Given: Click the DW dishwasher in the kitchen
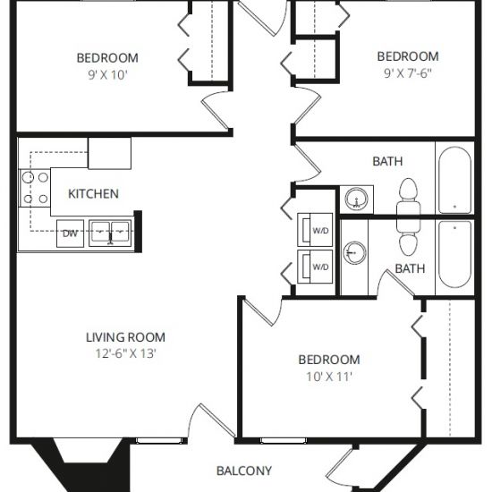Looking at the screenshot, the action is click(x=70, y=233).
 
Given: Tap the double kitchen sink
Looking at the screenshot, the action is click(x=110, y=233).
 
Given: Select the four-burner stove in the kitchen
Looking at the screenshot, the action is click(x=35, y=188).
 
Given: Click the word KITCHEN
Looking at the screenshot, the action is click(x=93, y=194).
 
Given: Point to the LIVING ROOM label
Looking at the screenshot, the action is click(x=125, y=337).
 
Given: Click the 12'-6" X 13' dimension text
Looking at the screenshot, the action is click(x=125, y=353).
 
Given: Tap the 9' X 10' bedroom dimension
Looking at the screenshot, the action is click(x=107, y=75).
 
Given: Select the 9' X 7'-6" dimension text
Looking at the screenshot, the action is click(x=408, y=73).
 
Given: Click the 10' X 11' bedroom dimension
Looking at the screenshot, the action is click(x=329, y=377).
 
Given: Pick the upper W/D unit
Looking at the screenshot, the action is click(x=315, y=230).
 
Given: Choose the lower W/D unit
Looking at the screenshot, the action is click(x=315, y=267).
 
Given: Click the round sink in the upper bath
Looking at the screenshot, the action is click(x=356, y=199).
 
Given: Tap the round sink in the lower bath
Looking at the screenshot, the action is click(x=354, y=252).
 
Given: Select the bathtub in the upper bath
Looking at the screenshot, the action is click(x=454, y=180).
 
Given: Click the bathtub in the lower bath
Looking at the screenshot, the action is click(x=454, y=254).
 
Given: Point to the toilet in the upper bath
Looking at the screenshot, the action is click(x=408, y=194).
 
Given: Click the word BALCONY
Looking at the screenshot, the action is click(x=244, y=471).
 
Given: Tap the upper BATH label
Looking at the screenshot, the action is click(x=387, y=161).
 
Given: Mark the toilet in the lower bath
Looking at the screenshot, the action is click(x=408, y=240).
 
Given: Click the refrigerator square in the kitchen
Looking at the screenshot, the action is click(x=109, y=154).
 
